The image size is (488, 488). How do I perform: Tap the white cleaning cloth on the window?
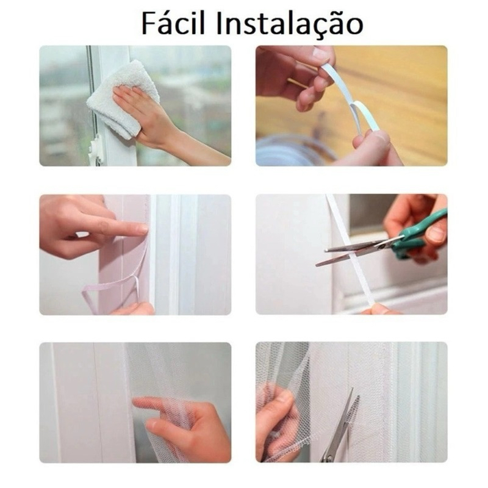click(124, 99)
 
